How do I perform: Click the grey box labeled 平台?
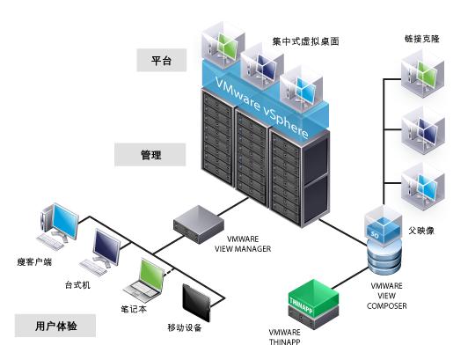pos(162,61)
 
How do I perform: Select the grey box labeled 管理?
pos(150,154)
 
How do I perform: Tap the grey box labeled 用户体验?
pos(55,326)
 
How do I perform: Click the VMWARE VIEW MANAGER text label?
pos(243,244)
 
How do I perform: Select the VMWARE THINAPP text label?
pos(284,337)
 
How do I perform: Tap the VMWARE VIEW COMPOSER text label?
pos(386,296)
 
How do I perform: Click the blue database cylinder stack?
pos(384,258)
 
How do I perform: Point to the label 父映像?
pos(421,231)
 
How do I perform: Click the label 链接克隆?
pos(422,39)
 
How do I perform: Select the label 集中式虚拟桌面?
pos(305,41)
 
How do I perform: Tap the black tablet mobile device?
pos(197,302)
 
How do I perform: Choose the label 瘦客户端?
pos(34,262)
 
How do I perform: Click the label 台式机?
pos(77,284)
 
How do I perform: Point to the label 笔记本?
pos(134,309)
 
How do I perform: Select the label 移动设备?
pos(185,327)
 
